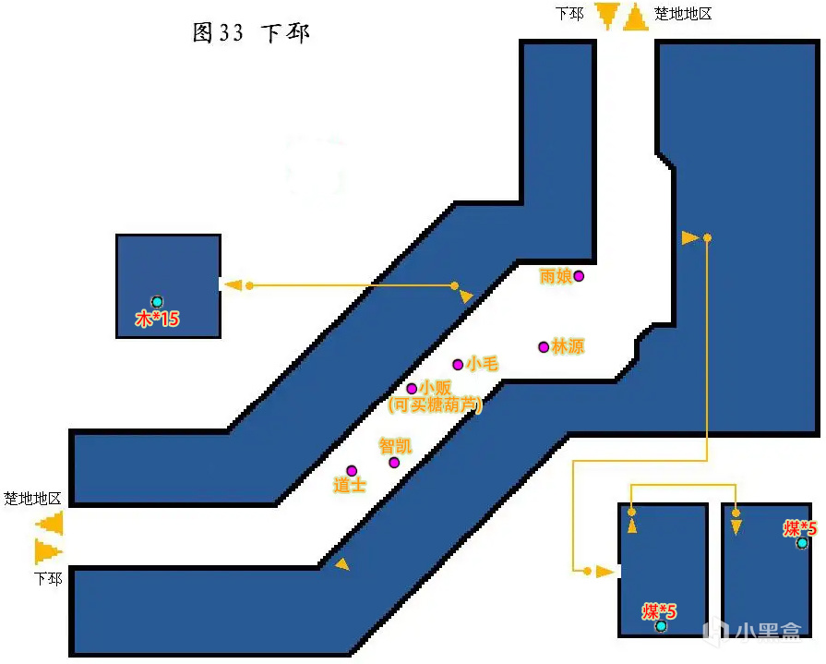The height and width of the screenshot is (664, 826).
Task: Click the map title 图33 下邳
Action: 251,33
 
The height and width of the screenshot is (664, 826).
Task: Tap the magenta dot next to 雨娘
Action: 579,275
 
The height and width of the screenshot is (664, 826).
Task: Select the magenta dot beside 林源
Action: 544,346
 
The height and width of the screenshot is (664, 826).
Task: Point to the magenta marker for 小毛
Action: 458,364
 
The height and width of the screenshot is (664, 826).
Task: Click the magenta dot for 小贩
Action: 412,389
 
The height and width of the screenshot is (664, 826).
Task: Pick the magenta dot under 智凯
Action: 394,462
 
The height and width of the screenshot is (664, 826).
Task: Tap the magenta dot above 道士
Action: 351,471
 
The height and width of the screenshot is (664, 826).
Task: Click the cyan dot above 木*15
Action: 157,302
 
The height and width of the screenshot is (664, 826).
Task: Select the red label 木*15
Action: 157,320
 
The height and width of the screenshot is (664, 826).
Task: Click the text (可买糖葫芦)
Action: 436,404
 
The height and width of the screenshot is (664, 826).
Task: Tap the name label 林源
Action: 568,346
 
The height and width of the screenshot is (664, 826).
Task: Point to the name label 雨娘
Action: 556,275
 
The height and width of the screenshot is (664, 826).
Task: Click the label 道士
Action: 350,486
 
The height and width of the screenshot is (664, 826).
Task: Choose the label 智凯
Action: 395,446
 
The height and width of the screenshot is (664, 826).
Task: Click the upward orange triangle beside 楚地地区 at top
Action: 636,17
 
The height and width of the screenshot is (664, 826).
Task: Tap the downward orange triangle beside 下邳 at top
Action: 606,17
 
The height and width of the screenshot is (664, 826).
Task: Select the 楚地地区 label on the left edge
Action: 32,499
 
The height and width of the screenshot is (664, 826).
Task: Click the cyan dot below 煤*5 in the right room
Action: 802,543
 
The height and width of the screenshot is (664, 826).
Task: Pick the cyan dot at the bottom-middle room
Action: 661,626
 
